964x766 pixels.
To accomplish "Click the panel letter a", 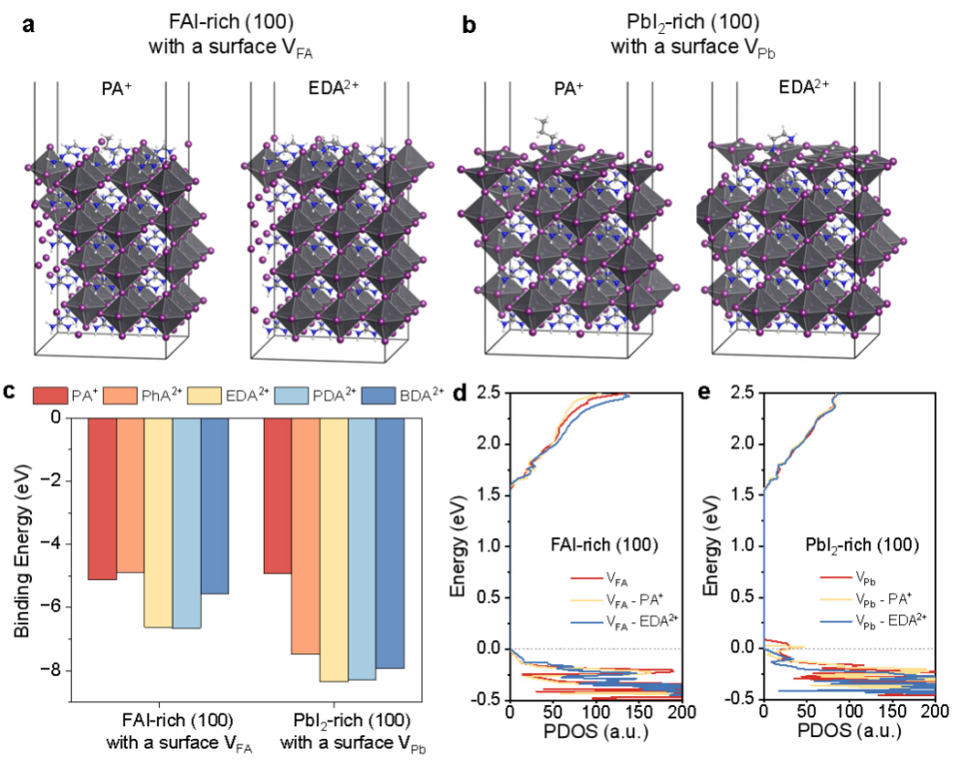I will click(29, 25).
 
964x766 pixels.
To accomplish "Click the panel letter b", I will click(469, 25).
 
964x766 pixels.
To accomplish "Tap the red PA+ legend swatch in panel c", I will click(48, 395).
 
